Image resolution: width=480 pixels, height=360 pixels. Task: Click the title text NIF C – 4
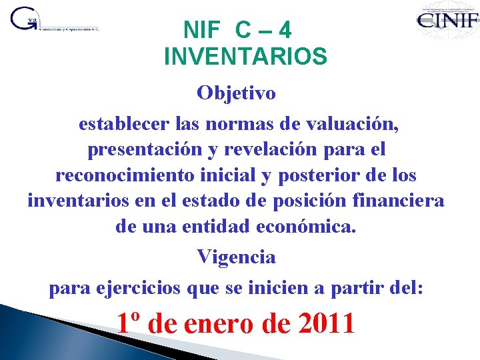[x=237, y=30]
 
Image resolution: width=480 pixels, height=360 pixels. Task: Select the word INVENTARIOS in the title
[x=245, y=57]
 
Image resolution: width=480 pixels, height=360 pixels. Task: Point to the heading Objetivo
[x=236, y=93]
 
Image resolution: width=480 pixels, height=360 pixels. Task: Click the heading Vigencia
[x=236, y=257]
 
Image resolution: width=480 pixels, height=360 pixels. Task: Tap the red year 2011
[x=327, y=324]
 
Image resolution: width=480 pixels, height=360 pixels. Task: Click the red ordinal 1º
[x=129, y=324]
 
